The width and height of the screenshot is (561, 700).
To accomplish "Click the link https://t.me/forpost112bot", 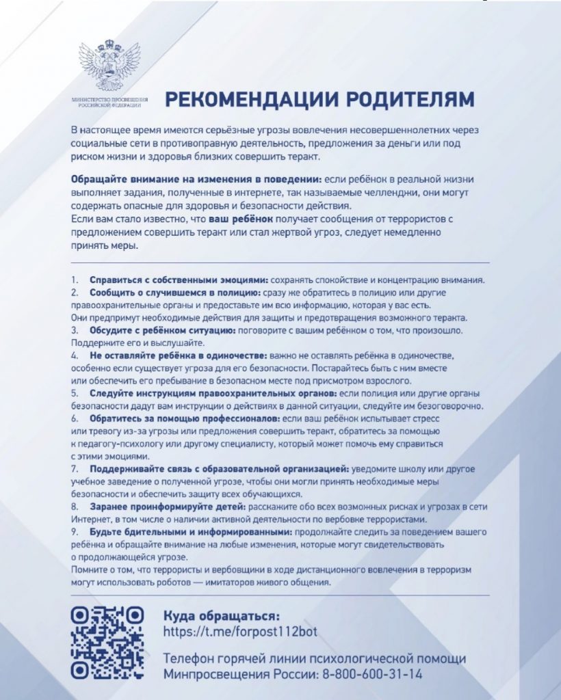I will [240, 630].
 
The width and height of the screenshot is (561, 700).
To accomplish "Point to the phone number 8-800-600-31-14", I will [371, 674].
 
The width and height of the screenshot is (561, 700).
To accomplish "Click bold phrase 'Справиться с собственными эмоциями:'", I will [180, 280].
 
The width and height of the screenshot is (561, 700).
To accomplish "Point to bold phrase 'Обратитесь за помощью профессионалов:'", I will [184, 418].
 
